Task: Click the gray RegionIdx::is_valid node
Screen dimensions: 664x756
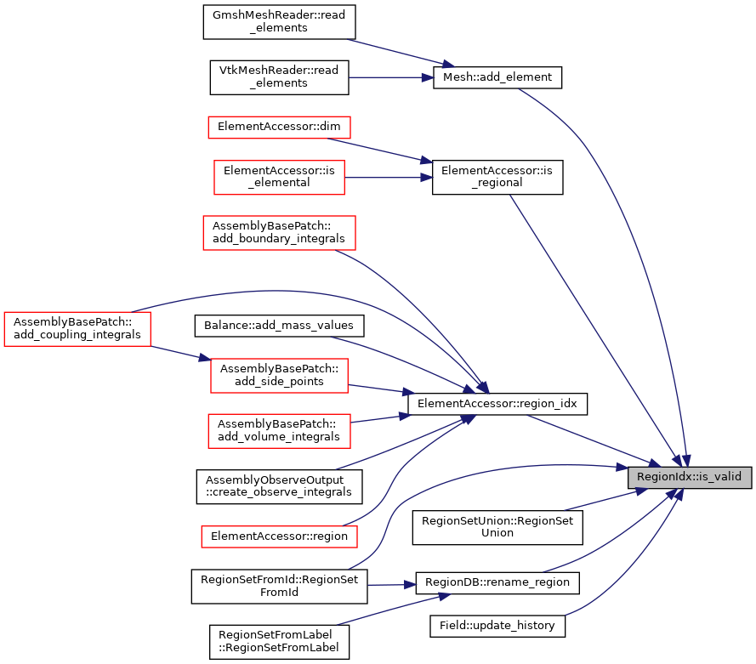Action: [x=690, y=477]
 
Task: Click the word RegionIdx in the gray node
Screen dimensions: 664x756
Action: [x=662, y=477]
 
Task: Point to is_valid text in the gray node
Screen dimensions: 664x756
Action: [x=719, y=477]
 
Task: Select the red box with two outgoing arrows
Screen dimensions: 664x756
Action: [x=77, y=329]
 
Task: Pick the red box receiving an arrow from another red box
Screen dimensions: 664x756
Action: [x=279, y=376]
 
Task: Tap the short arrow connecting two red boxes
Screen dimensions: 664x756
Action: [x=180, y=354]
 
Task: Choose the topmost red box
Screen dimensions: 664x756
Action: [x=279, y=128]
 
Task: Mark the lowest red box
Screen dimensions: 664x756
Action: [x=279, y=536]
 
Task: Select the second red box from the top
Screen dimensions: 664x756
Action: [x=279, y=178]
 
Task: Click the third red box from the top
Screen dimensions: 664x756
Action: [x=279, y=233]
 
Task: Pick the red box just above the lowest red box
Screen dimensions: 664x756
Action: [x=279, y=431]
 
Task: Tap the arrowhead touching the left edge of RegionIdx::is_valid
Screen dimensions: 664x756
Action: [x=622, y=467]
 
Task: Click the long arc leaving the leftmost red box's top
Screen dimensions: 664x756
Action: [x=281, y=291]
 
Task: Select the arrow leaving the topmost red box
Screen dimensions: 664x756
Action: [x=383, y=150]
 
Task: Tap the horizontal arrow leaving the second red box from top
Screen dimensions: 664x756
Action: [x=387, y=178]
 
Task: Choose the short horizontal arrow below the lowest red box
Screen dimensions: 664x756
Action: [x=391, y=585]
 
